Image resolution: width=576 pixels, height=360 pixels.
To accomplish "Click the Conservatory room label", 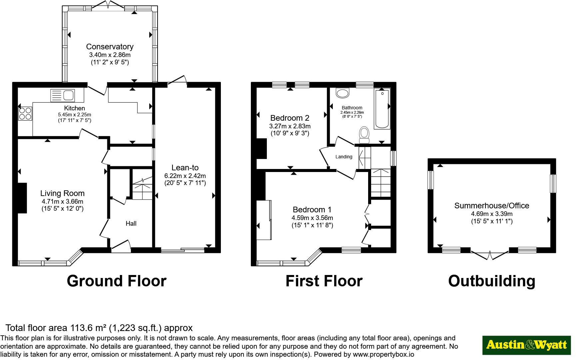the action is click(110, 47).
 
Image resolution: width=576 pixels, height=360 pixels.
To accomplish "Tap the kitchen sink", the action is click(63, 95).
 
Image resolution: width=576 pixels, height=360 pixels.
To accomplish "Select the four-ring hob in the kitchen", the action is click(25, 113).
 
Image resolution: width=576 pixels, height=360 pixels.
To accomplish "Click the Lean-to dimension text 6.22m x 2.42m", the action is click(185, 176).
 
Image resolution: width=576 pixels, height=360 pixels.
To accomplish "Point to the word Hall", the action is click(131, 223).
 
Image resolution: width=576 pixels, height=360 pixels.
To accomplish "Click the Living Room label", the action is click(62, 193).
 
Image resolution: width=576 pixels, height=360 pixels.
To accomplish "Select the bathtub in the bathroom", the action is click(382, 109).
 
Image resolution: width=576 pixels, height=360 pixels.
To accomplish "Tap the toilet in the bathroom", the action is click(364, 135).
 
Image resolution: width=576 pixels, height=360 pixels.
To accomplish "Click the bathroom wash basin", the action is click(342, 93).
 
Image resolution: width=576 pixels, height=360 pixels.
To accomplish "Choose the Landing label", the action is click(344, 157).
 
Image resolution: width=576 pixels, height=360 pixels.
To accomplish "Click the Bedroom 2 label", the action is click(290, 118).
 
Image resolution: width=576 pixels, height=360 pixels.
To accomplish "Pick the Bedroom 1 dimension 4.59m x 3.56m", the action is click(312, 218).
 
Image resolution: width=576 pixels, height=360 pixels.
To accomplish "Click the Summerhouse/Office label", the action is click(492, 206).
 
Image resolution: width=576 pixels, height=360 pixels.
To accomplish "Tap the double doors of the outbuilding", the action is click(490, 255).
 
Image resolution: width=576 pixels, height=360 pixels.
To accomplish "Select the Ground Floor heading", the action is click(117, 281).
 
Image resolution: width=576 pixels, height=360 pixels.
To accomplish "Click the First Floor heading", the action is click(324, 281).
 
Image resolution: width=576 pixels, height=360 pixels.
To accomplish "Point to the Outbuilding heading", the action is click(492, 281).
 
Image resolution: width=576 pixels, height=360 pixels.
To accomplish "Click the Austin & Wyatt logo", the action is click(527, 345).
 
